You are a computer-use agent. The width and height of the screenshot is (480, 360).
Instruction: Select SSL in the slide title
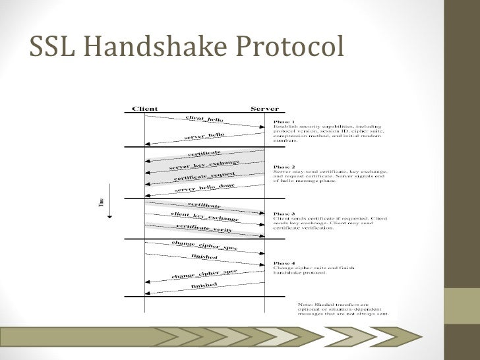click(55, 47)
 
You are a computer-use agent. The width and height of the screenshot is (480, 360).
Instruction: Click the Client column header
click(144, 108)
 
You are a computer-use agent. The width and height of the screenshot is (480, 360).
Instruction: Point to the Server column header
click(265, 108)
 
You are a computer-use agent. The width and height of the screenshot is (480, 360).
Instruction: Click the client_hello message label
click(204, 119)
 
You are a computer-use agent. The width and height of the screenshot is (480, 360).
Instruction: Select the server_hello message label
click(204, 137)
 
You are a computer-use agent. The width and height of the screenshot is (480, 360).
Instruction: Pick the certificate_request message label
click(204, 176)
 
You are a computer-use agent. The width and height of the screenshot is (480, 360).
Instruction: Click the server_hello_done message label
click(205, 187)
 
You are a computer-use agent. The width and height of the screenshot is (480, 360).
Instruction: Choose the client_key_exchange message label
click(204, 216)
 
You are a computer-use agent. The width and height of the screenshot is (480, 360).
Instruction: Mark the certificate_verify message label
click(204, 227)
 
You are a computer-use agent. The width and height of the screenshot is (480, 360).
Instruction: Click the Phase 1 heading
click(284, 122)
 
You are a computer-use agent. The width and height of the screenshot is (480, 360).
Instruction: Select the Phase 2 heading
click(284, 167)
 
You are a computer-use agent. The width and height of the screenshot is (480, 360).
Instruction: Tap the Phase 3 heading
click(284, 213)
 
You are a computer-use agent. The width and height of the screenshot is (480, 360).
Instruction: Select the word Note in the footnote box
click(305, 305)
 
